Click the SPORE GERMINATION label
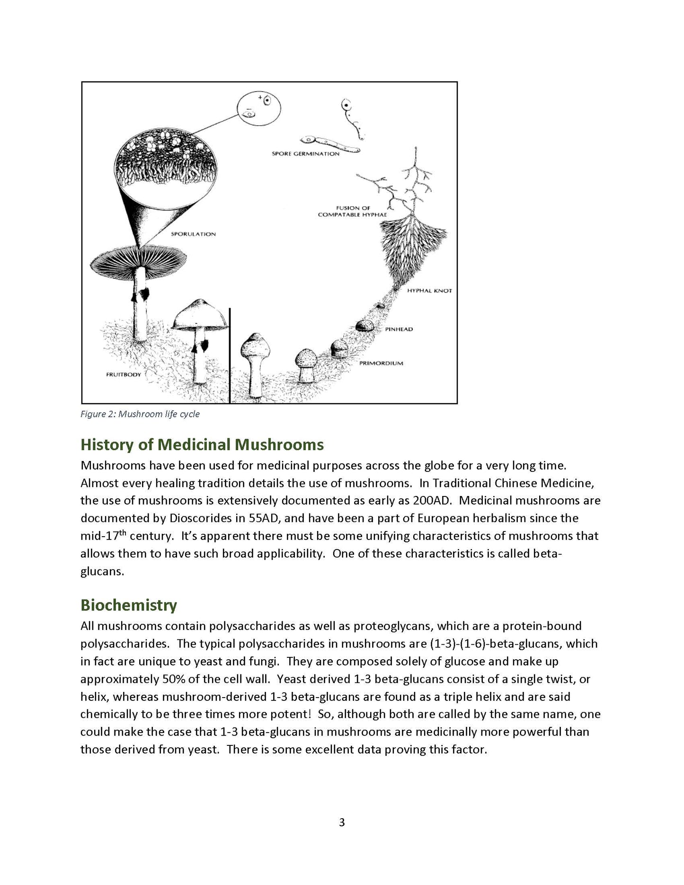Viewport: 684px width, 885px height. tap(305, 154)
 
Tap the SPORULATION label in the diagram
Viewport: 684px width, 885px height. tap(193, 234)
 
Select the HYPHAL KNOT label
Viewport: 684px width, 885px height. tap(429, 291)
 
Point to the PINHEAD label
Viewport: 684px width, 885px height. tap(399, 329)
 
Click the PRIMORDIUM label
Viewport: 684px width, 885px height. tap(381, 363)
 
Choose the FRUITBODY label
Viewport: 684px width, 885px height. tap(123, 374)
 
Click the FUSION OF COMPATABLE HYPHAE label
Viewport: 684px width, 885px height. tap(352, 211)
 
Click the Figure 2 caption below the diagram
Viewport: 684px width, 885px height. tap(140, 414)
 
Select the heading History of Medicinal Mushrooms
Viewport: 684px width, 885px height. tap(202, 445)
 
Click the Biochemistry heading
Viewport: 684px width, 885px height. tap(129, 605)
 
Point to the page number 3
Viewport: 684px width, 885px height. tap(342, 823)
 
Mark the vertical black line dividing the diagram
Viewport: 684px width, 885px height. tap(230, 355)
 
